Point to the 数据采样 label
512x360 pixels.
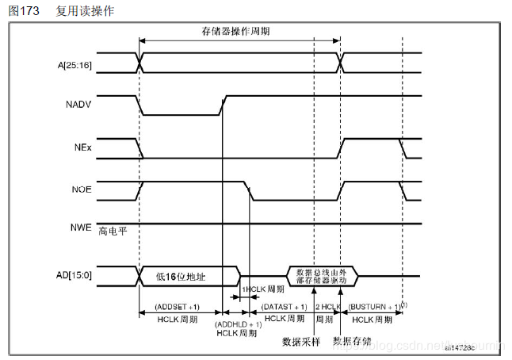click(301, 342)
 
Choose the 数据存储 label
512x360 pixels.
click(352, 342)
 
